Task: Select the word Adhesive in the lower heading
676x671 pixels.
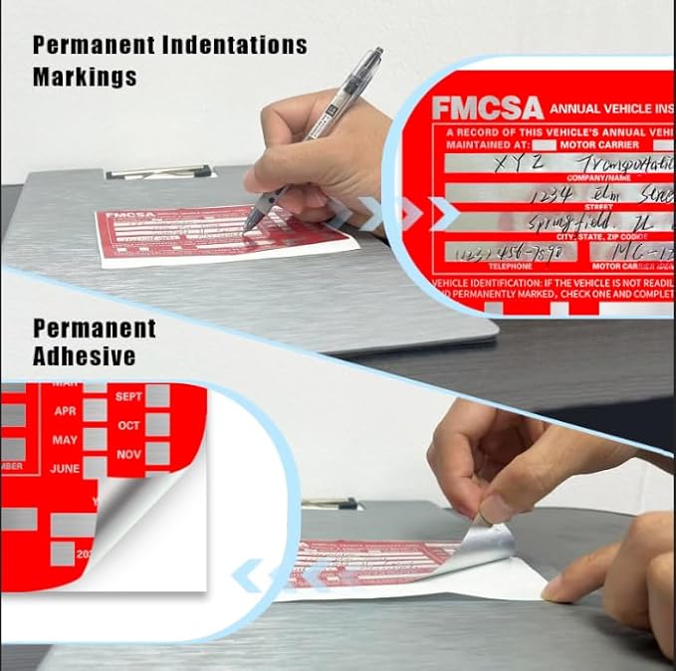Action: point(85,356)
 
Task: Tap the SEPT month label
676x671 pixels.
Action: point(129,396)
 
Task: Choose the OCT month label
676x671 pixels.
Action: point(129,425)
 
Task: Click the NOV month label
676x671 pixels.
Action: point(129,454)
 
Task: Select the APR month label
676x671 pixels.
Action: point(66,410)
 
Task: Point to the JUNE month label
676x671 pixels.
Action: point(65,468)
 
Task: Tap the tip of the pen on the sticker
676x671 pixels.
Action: point(245,231)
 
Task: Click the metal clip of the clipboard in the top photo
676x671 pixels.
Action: point(159,175)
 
